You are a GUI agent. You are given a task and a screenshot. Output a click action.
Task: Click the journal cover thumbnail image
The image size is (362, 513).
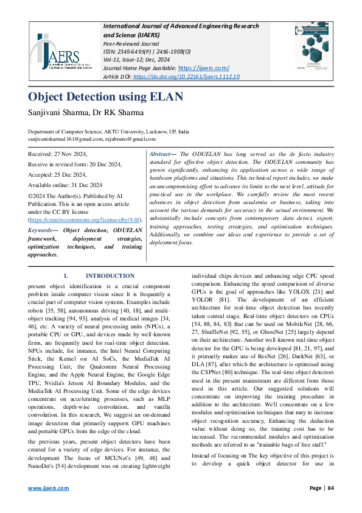click(313, 51)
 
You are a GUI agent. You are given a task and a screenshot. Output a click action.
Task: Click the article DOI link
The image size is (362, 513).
click(186, 77)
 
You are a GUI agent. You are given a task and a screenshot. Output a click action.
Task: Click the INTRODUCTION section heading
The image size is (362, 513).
click(110, 275)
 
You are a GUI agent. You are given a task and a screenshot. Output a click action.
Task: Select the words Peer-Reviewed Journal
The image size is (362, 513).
click(130, 44)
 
